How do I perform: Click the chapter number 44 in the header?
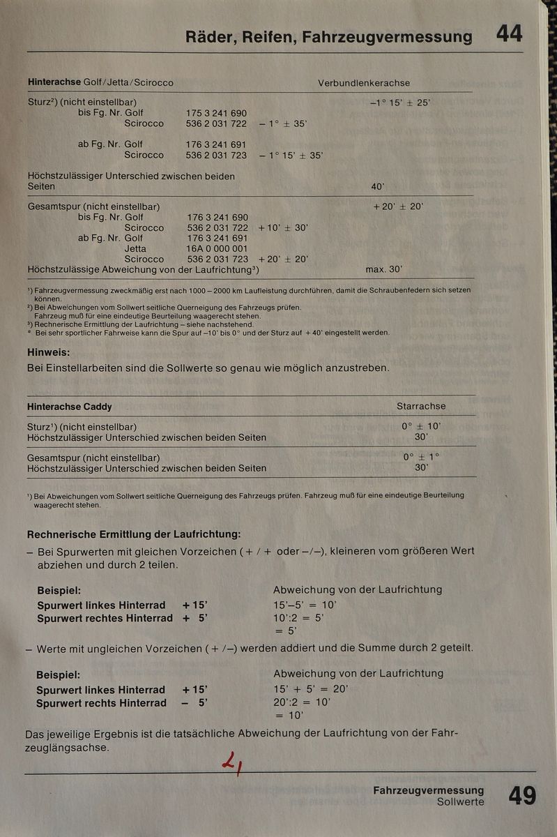click(x=509, y=33)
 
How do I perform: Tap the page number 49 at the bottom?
click(x=522, y=796)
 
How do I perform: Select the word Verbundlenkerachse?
click(x=364, y=83)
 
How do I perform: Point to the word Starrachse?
click(x=421, y=406)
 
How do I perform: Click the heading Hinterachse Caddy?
click(x=69, y=407)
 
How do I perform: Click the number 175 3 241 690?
click(x=216, y=113)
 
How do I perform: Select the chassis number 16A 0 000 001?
click(x=217, y=248)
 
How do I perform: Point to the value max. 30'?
click(x=383, y=269)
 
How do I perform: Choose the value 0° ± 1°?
click(x=421, y=457)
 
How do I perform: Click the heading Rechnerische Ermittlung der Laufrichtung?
click(x=133, y=535)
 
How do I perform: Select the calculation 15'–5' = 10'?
click(x=305, y=605)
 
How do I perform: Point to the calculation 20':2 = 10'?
click(x=302, y=702)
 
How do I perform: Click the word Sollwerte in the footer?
click(x=460, y=802)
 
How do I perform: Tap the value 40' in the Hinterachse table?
click(x=378, y=187)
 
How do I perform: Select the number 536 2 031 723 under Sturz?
click(x=216, y=155)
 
